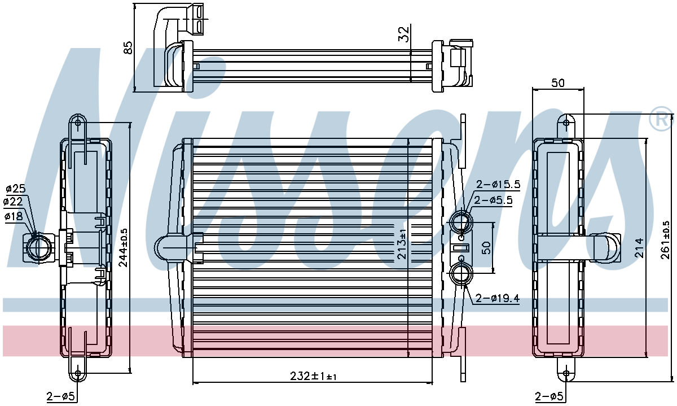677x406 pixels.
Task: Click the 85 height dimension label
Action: coord(129,47)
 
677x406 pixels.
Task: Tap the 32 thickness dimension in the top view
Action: coord(403,34)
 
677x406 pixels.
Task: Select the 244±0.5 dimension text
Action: coord(123,248)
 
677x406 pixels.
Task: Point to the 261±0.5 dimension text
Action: coord(665,240)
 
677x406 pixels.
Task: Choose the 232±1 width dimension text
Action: coord(313,376)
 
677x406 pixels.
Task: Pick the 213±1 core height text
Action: coord(402,244)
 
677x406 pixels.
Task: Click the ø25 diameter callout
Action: coord(16,189)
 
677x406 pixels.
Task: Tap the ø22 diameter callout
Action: coord(13,202)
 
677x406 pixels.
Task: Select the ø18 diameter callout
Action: coord(14,216)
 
